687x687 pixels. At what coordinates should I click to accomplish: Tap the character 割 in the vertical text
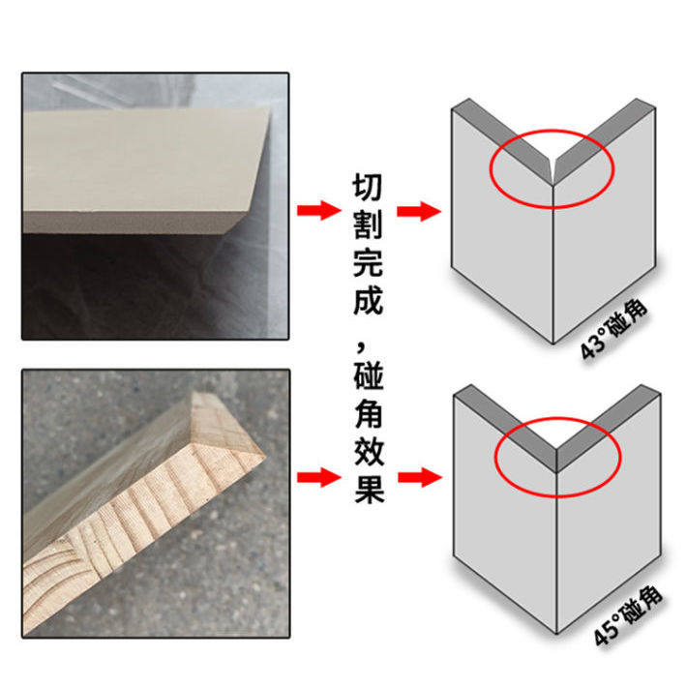369,224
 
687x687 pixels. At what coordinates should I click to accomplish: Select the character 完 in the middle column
369,262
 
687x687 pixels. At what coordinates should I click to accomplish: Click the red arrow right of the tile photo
316,211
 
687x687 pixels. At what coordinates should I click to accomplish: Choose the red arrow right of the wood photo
316,476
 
